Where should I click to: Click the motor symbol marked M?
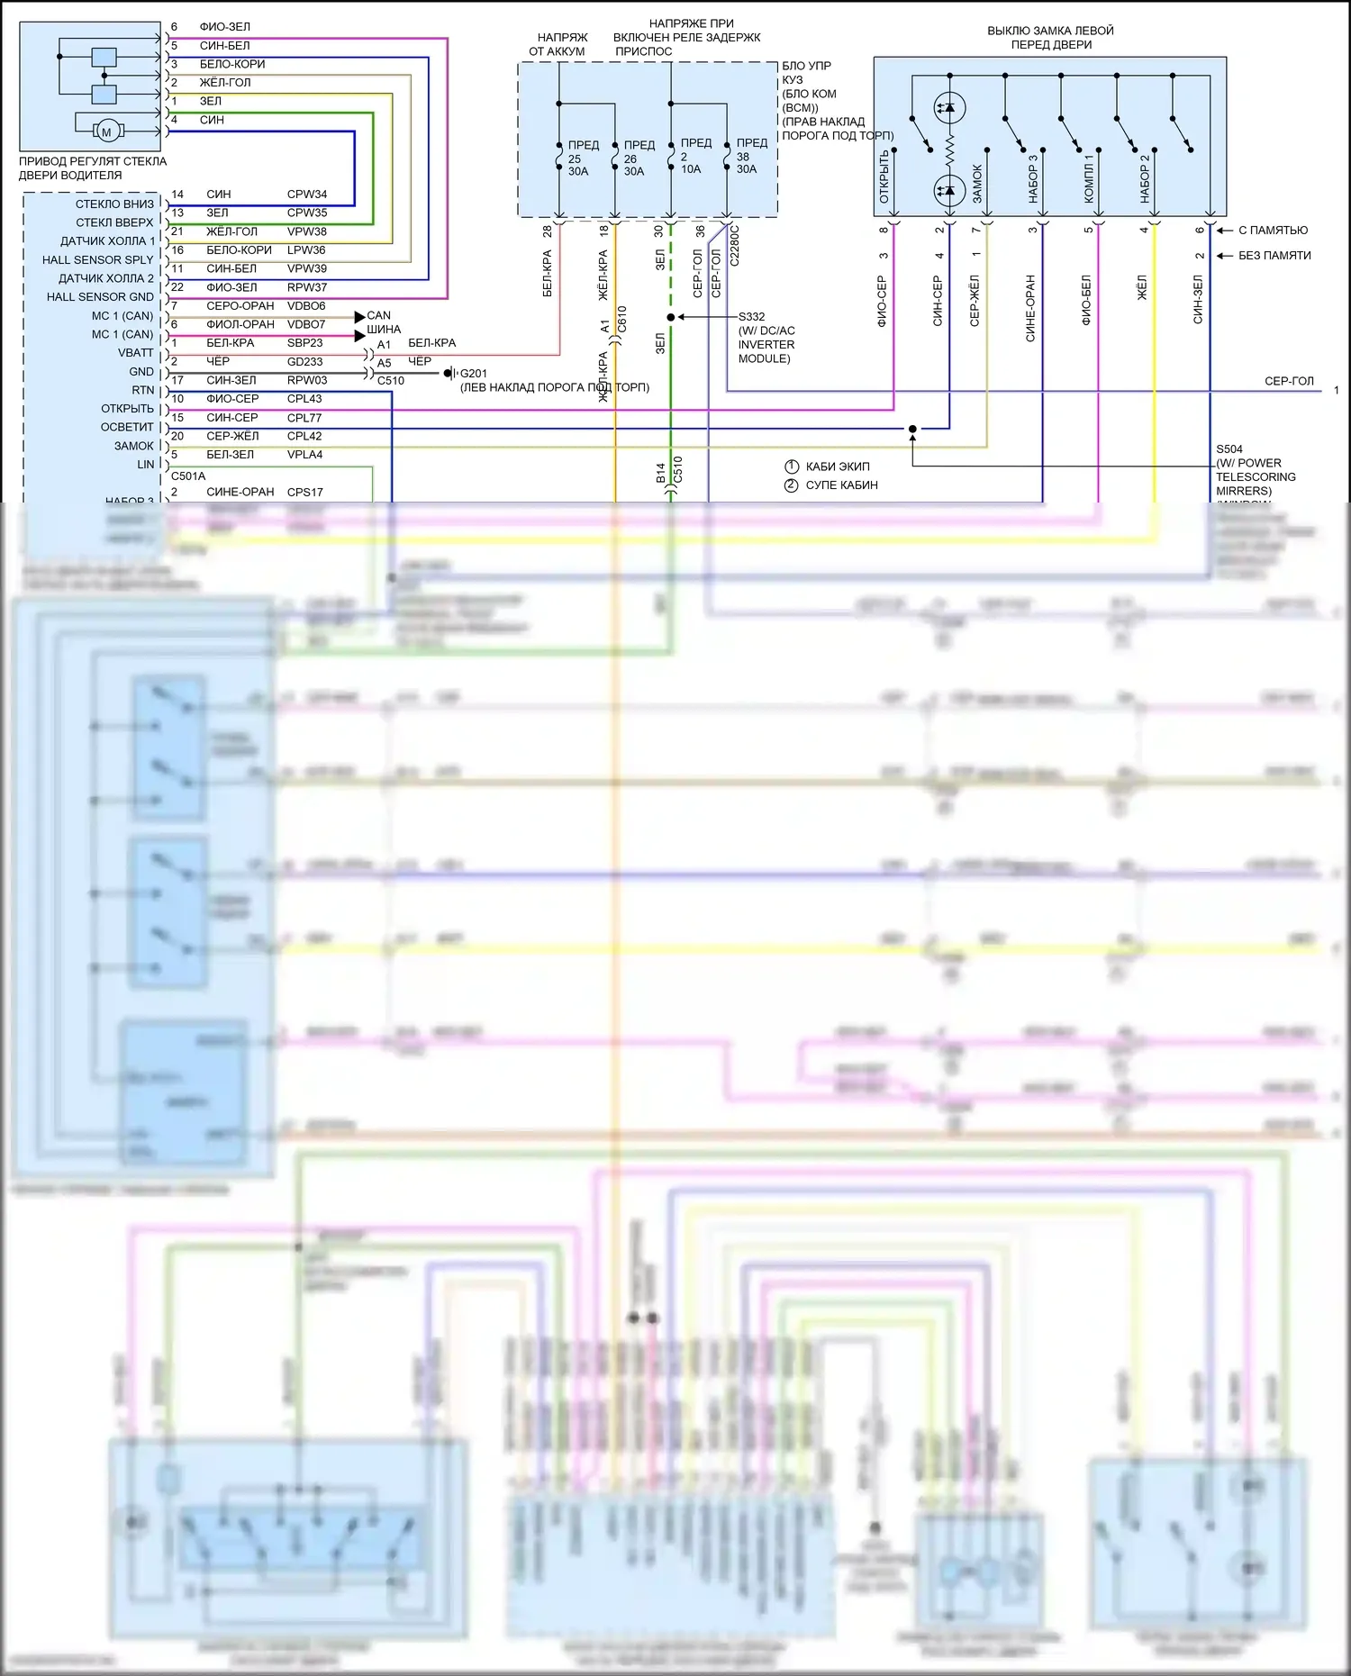click(x=106, y=131)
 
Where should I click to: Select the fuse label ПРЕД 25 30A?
click(x=581, y=158)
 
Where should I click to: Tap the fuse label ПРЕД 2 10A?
click(x=694, y=156)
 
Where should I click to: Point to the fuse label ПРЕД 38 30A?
click(x=749, y=156)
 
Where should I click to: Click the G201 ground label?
click(x=473, y=373)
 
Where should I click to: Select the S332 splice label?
click(x=751, y=317)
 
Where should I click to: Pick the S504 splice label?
click(x=1229, y=448)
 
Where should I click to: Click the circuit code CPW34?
click(x=306, y=195)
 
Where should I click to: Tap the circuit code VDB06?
click(x=306, y=306)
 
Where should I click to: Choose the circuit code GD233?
click(x=304, y=362)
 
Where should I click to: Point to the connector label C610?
click(x=621, y=320)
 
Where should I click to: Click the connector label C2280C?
click(x=735, y=245)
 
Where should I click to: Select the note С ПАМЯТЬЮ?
click(x=1272, y=231)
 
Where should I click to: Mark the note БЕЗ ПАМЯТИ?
click(x=1274, y=256)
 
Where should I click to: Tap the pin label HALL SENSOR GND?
click(x=100, y=297)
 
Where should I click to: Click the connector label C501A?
click(x=188, y=476)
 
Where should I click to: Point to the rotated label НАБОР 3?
click(x=1033, y=178)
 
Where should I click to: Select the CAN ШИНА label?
click(x=382, y=322)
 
